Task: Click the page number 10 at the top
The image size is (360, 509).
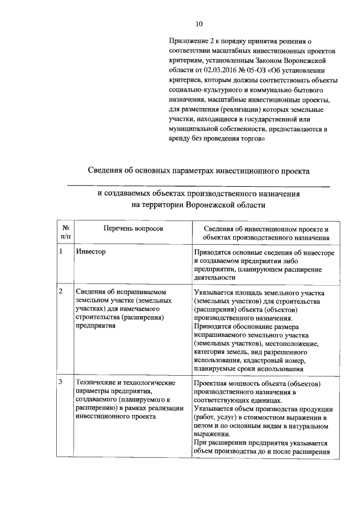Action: point(198,24)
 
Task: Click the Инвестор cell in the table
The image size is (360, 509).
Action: point(91,252)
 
